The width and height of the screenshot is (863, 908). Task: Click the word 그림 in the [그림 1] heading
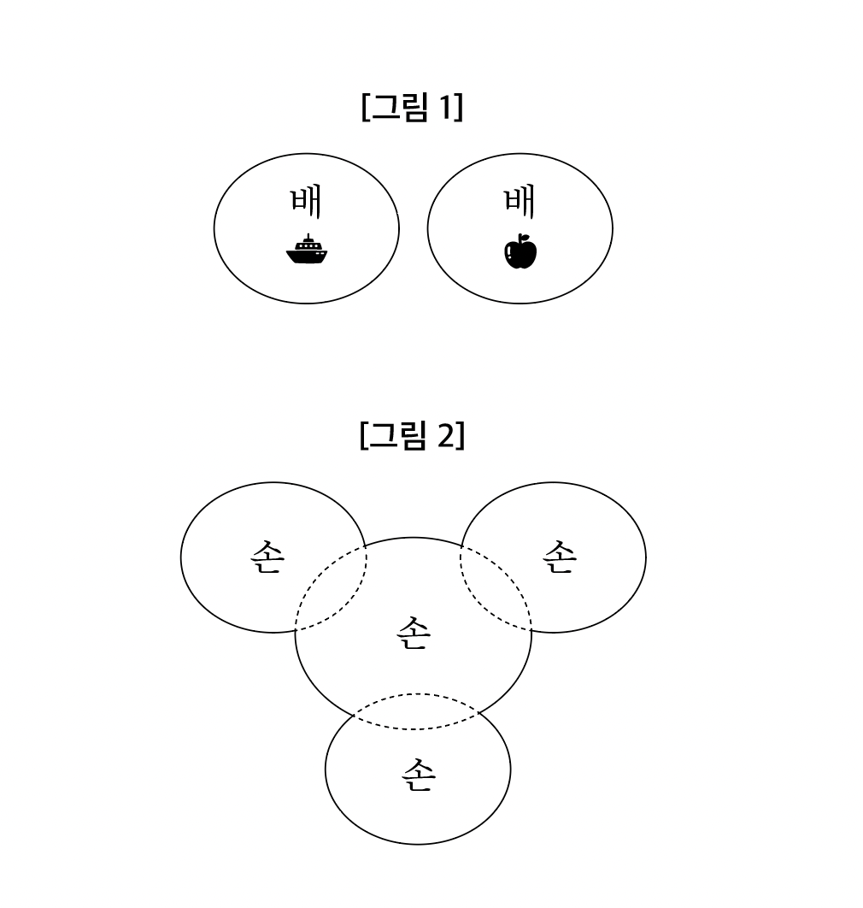point(399,108)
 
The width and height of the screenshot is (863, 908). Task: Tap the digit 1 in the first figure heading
point(445,107)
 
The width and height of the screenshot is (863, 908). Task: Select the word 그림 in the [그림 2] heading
point(397,435)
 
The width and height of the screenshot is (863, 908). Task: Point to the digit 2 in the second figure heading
point(446,435)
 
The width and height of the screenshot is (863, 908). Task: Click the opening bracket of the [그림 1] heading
point(365,108)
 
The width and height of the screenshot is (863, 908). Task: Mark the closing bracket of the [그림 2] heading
point(461,436)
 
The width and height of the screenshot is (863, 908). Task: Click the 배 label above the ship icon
point(306,201)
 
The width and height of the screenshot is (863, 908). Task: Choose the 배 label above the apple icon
point(520,201)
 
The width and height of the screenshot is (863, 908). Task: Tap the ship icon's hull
point(307,256)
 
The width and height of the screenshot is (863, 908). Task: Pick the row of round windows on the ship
point(308,246)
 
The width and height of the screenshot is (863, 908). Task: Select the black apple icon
point(520,251)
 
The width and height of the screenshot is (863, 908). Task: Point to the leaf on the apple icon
point(524,236)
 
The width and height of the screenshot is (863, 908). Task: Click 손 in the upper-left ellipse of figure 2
point(268,557)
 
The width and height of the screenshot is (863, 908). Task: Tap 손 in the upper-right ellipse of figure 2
point(560,557)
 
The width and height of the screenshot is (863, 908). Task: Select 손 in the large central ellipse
point(414,633)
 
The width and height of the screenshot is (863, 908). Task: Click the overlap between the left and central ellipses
point(332,588)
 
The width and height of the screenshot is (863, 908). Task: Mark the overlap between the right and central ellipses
point(496,587)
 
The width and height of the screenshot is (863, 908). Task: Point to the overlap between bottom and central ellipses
point(417,711)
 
